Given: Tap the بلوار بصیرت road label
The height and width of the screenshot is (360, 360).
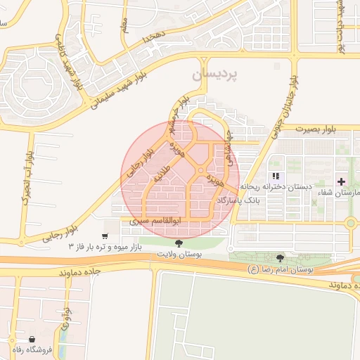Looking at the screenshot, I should click(316, 129).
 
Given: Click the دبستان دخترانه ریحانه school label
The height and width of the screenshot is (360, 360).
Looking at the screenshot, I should click(271, 187).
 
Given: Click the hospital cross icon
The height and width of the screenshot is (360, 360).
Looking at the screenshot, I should click(341, 181).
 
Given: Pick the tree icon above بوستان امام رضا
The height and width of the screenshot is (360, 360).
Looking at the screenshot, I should click(281, 258).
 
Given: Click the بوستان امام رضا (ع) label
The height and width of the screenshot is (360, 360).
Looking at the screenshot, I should click(281, 269).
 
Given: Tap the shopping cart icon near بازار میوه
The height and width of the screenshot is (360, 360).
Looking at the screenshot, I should click(105, 236).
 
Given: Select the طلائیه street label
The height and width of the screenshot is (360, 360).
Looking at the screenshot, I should click(162, 172).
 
